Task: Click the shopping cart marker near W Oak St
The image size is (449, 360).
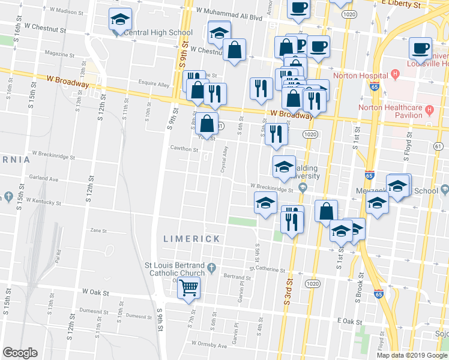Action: tap(188, 289)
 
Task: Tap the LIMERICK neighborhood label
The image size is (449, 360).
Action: tap(191, 238)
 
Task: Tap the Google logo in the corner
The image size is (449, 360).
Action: tap(20, 353)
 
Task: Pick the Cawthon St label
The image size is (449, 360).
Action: tap(184, 149)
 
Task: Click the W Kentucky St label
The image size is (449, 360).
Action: tap(44, 201)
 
